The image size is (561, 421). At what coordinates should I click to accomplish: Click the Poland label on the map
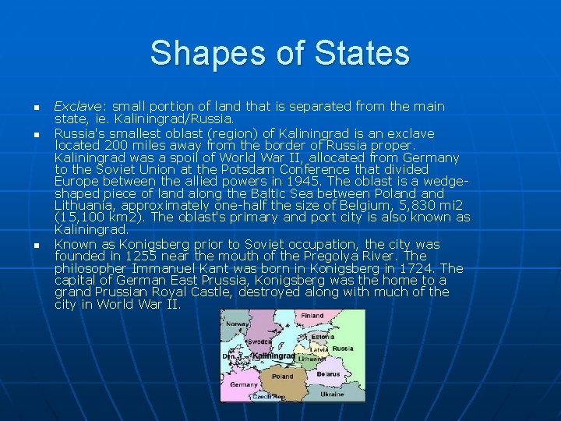click(282, 376)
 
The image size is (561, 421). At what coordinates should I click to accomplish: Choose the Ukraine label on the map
click(331, 394)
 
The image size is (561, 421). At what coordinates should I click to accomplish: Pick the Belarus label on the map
click(327, 374)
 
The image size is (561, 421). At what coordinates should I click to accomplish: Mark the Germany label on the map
click(244, 384)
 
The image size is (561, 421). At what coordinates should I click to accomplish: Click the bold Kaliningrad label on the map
click(273, 356)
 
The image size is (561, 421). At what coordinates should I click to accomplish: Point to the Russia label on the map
click(342, 348)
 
